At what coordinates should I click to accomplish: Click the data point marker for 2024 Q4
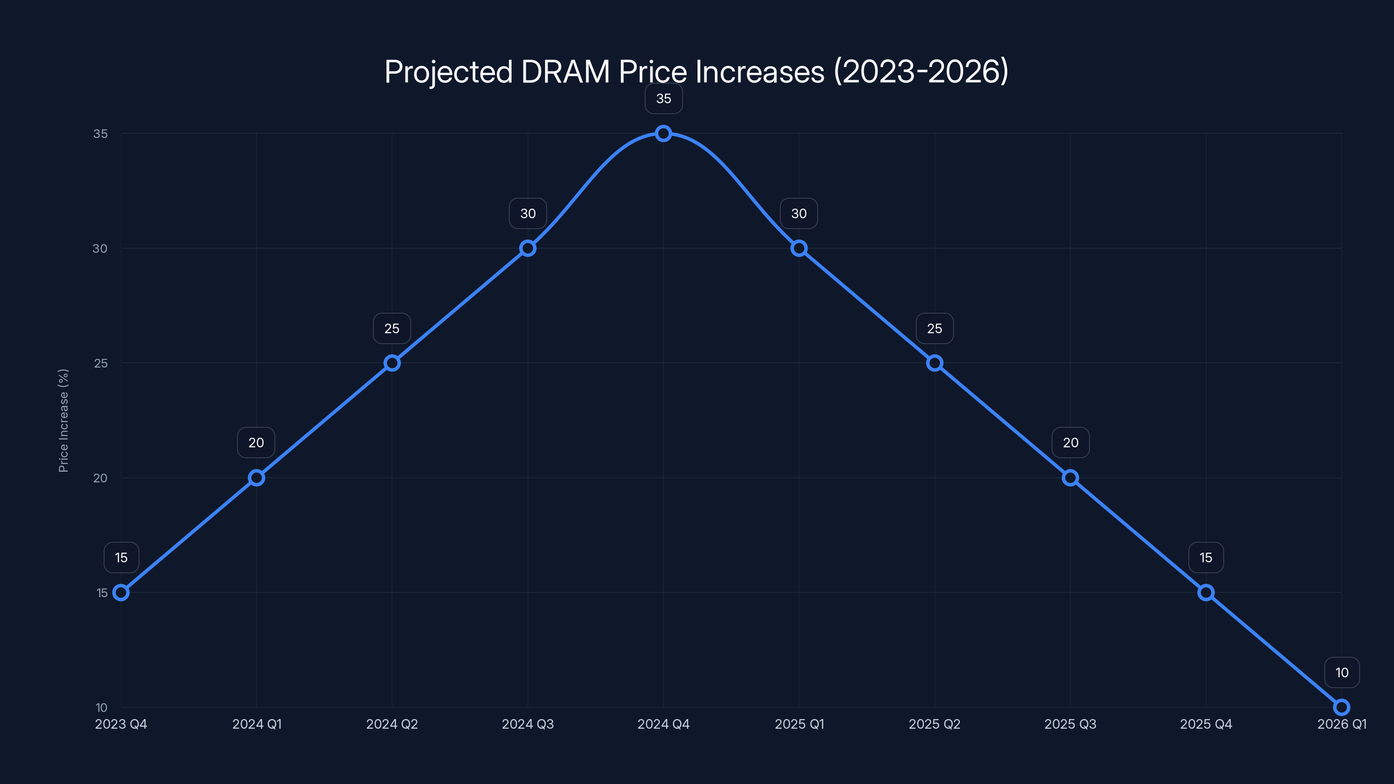(x=663, y=133)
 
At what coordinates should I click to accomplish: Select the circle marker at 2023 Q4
(x=121, y=592)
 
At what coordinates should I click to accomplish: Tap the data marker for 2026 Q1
(x=1342, y=707)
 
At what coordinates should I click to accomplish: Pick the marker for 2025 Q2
(x=934, y=363)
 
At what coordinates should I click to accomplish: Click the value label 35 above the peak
(x=663, y=98)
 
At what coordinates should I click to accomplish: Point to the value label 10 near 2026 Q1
(x=1342, y=672)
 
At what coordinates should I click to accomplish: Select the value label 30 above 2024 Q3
(x=528, y=214)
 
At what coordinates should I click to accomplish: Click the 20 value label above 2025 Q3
(x=1070, y=443)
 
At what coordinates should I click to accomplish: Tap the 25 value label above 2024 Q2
(x=392, y=328)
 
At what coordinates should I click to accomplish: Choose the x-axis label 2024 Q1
(x=257, y=724)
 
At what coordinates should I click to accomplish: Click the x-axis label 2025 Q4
(x=1206, y=724)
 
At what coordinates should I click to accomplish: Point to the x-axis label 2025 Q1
(x=799, y=724)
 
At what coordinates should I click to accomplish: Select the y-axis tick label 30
(x=100, y=248)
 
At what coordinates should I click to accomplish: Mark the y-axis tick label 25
(x=101, y=363)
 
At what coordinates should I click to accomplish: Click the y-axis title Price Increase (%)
(x=63, y=420)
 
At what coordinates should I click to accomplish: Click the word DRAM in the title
(x=565, y=72)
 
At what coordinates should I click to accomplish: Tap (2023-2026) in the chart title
(x=921, y=72)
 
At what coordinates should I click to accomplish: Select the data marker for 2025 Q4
(x=1206, y=592)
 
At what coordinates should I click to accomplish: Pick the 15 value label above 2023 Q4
(x=121, y=558)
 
